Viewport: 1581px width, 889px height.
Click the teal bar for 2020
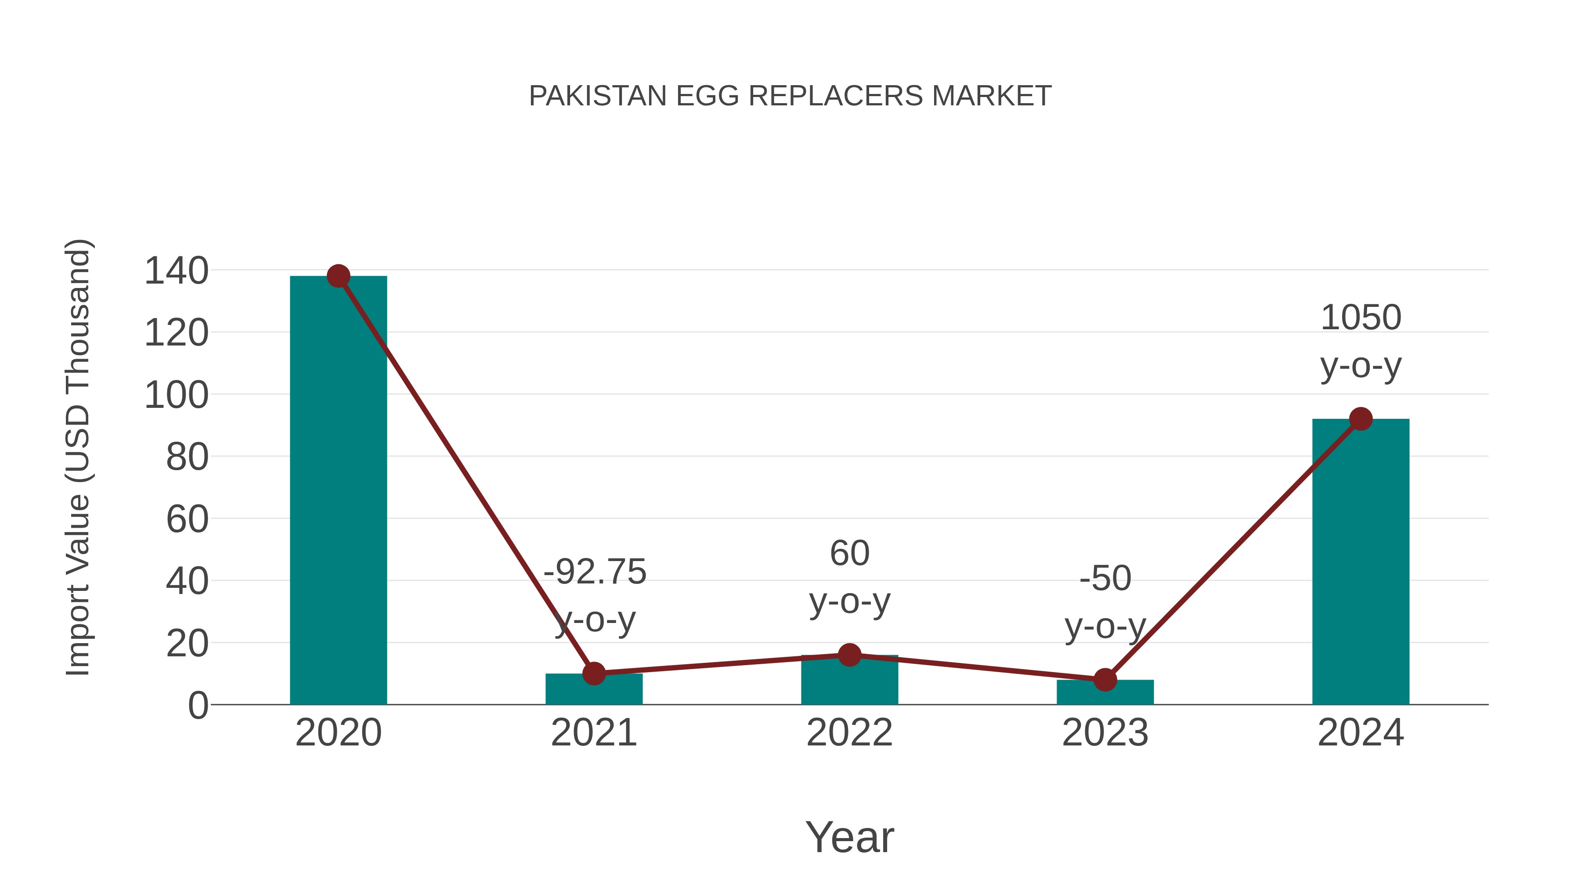pos(338,491)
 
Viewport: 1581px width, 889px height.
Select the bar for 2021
pos(593,690)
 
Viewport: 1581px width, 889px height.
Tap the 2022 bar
pos(849,681)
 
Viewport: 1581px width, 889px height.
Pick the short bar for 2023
pos(1105,693)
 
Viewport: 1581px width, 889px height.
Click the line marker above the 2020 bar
pos(338,276)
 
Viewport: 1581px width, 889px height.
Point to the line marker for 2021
pos(593,673)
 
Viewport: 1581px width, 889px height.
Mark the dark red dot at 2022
pos(849,655)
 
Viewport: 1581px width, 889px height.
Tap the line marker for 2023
pos(1105,680)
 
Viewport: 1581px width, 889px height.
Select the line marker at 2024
pos(1361,419)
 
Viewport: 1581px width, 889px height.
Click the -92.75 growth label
pos(595,572)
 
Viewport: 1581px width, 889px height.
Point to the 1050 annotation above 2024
pos(1361,318)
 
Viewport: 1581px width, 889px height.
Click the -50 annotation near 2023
pos(1105,579)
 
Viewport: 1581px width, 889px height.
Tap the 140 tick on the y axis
pos(176,270)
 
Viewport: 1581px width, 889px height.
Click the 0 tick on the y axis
pos(198,705)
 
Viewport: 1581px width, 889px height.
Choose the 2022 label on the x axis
pos(849,733)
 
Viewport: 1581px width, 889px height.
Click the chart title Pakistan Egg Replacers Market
pos(790,96)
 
